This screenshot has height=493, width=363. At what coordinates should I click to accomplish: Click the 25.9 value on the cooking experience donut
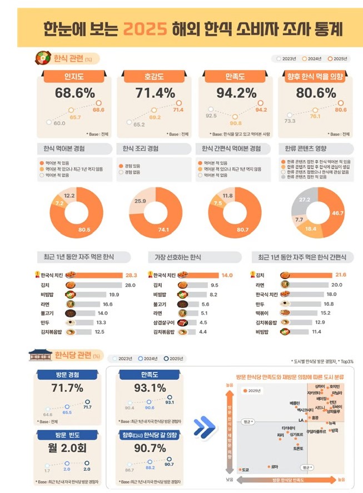pos(140,201)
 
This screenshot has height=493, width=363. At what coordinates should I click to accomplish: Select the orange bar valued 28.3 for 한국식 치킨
pos(97,275)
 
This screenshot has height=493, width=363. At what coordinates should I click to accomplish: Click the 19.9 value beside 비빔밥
pos(115,294)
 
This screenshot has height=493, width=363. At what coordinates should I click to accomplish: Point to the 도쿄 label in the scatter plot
pos(246,470)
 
